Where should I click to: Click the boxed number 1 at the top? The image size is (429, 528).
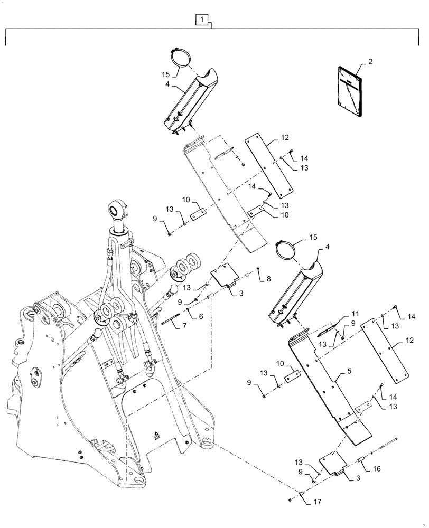(201, 20)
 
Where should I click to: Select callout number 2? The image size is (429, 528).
(370, 62)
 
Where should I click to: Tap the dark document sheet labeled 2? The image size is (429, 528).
(349, 92)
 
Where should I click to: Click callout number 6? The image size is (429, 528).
(201, 316)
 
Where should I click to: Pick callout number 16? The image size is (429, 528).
(376, 468)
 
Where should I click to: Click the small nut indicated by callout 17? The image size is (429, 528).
(291, 499)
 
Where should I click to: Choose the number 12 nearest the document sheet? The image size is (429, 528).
(285, 137)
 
